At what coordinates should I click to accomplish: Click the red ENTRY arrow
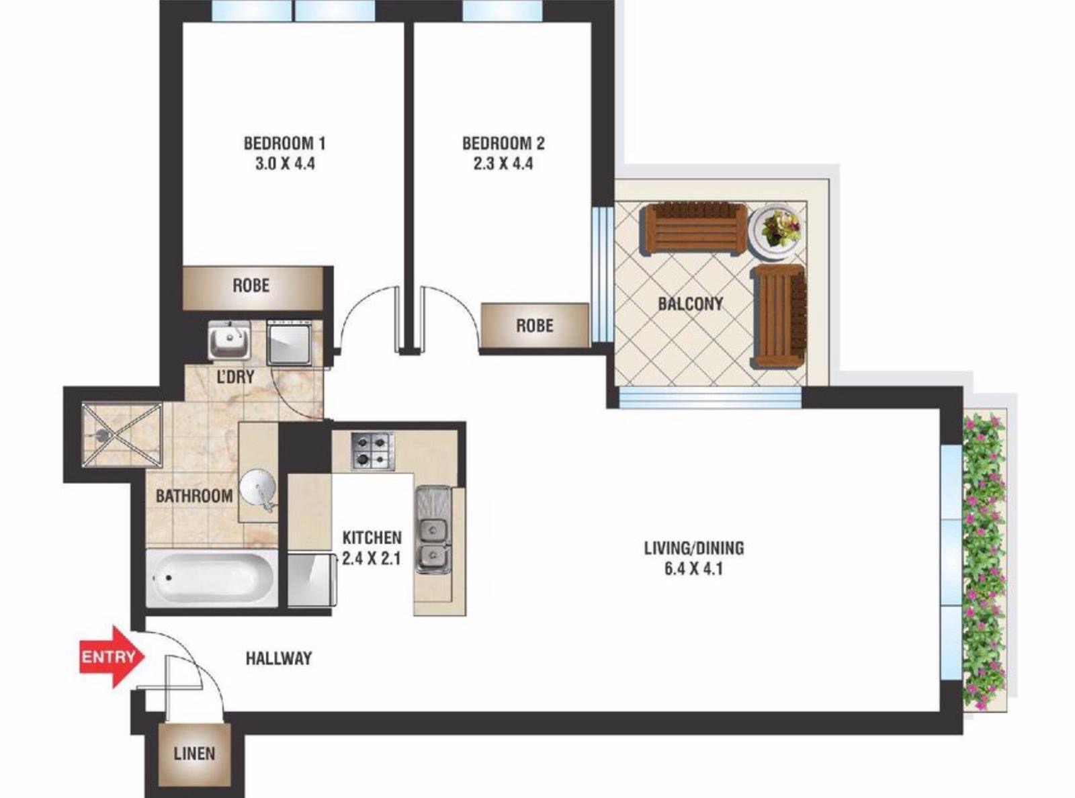tap(112, 656)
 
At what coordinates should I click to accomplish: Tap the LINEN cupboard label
tap(194, 754)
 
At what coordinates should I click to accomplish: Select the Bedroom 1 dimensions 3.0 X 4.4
tap(285, 164)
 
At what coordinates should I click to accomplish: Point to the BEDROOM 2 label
tap(503, 144)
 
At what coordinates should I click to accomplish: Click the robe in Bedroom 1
tap(253, 287)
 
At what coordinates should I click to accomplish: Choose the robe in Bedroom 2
tap(535, 325)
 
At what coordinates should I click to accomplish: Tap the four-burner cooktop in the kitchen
tap(372, 451)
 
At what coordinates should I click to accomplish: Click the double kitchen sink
tap(433, 529)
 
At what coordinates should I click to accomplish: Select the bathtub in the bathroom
tap(212, 578)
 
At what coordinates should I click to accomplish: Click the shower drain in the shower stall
tap(101, 434)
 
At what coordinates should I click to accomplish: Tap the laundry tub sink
tap(229, 340)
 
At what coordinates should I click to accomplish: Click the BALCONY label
tap(690, 304)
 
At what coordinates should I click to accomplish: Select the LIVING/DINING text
tap(693, 548)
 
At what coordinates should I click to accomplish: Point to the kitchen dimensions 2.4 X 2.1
tap(372, 559)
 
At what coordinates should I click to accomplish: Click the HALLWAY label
tap(279, 658)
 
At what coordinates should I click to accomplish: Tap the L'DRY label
tap(236, 376)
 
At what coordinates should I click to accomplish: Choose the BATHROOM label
tap(194, 496)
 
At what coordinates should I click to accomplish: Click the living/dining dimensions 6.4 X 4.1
tap(693, 568)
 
